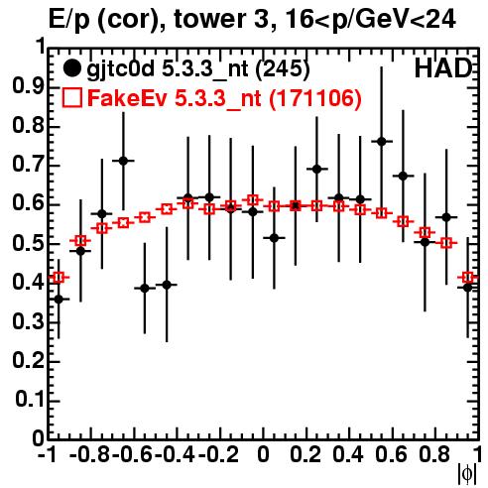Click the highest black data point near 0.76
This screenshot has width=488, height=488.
point(382,142)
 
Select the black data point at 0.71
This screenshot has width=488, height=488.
point(123,161)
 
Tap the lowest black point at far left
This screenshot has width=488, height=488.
point(59,300)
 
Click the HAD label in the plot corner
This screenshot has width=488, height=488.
point(443,68)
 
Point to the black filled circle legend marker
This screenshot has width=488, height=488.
point(71,68)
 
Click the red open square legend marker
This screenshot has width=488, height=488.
point(71,97)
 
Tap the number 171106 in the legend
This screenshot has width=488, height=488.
point(314,98)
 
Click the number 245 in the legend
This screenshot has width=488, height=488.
point(283,68)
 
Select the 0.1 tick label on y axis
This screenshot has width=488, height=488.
point(29,400)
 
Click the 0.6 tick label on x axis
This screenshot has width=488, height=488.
point(391,455)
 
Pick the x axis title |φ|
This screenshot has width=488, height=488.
point(467,474)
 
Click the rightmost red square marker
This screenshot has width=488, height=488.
point(467,277)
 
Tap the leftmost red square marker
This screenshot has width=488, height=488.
point(59,277)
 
